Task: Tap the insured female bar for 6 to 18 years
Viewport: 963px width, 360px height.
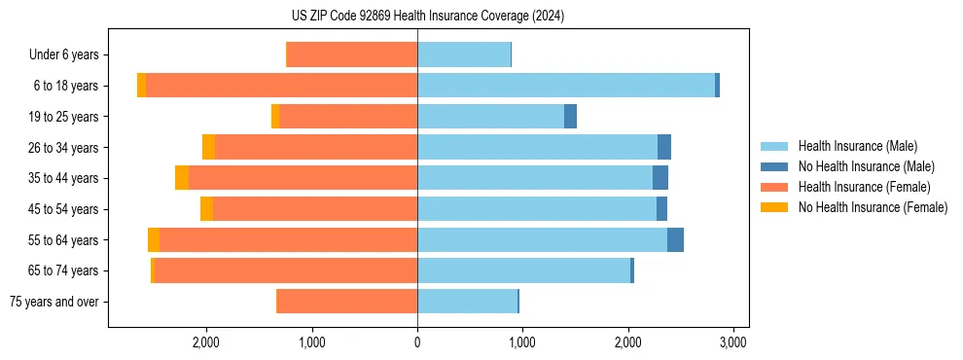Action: (281, 86)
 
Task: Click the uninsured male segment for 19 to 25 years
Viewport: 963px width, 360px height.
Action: (570, 117)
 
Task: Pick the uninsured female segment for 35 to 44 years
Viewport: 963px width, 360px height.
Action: (182, 178)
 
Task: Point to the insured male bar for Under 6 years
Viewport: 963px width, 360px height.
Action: (464, 54)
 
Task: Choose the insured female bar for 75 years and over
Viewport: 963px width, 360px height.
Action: (347, 302)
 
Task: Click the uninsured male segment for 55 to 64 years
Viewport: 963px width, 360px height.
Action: (675, 240)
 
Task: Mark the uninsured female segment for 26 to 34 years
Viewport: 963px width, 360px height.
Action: (208, 147)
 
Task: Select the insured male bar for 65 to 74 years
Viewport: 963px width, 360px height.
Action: (523, 270)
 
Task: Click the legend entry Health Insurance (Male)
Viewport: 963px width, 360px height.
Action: (857, 146)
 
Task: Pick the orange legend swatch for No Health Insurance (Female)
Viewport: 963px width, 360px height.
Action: (774, 207)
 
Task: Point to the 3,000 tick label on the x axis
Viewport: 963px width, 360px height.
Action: (732, 342)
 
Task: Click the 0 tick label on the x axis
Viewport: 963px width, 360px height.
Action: (417, 342)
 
